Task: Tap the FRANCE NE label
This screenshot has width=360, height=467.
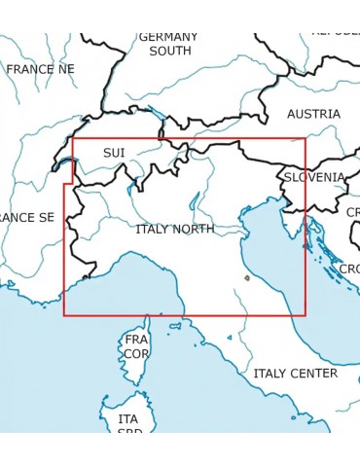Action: point(40,69)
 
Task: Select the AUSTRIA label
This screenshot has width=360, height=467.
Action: point(313,114)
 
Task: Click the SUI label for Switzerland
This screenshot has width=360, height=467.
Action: point(114,153)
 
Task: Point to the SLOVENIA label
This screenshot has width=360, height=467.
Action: point(313,177)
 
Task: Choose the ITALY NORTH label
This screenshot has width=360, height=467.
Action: point(175,230)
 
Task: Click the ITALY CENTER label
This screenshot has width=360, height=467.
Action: point(295,373)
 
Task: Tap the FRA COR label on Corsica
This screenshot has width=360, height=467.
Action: point(136,346)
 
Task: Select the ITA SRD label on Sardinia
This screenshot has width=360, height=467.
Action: point(128,425)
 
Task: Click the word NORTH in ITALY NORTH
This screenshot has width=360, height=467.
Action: point(196,230)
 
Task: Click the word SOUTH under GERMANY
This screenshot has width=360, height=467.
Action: point(170,51)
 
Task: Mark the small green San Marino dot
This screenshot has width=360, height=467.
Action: point(247,278)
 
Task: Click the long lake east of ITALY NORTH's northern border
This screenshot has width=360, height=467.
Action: point(195,201)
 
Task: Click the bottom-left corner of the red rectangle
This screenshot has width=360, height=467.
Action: point(64,315)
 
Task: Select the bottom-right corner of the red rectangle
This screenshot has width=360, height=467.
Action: point(306,315)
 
